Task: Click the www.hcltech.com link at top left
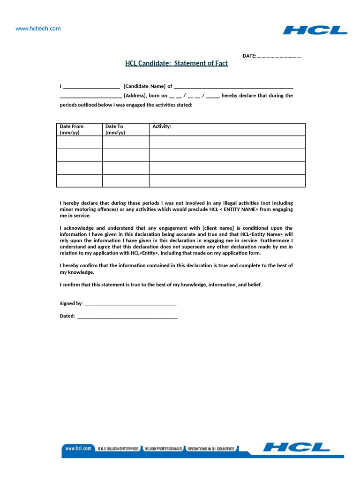[x=38, y=29]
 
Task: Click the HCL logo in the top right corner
[x=315, y=30]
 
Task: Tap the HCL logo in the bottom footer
[x=296, y=448]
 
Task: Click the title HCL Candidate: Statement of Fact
[x=176, y=63]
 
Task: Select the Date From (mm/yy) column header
[x=72, y=129]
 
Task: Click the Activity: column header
[x=162, y=127]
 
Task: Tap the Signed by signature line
[x=130, y=304]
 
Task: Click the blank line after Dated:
[x=127, y=316]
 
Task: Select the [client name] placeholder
[x=219, y=228]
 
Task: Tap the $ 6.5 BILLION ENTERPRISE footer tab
[x=118, y=449]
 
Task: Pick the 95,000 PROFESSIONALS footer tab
[x=163, y=449]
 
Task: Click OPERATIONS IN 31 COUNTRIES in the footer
[x=210, y=449]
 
